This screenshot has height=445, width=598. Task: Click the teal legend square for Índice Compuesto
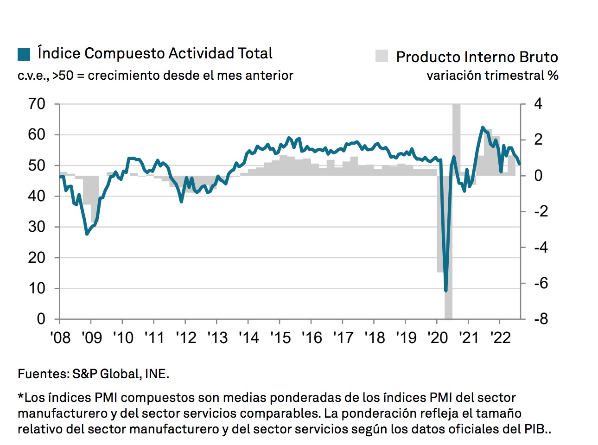pos(24,54)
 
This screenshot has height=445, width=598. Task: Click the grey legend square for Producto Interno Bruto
pos(382,56)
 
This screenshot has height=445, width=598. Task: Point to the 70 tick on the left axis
pos(37,104)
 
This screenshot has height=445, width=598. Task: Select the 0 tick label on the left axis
pos(41,319)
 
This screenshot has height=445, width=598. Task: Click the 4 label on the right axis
pos(538,104)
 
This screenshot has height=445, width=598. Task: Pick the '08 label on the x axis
pos(60,337)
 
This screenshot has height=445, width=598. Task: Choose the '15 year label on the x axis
pos(280,337)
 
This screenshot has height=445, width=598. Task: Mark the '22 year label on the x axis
pos(500,337)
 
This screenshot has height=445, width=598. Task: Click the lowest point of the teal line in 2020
pos(446,291)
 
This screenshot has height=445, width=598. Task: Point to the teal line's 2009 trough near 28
pos(87,234)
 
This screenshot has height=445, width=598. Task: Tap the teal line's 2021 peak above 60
pos(483,127)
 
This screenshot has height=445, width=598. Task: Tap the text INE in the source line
pos(156,374)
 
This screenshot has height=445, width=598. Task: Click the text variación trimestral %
pos(492,75)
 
